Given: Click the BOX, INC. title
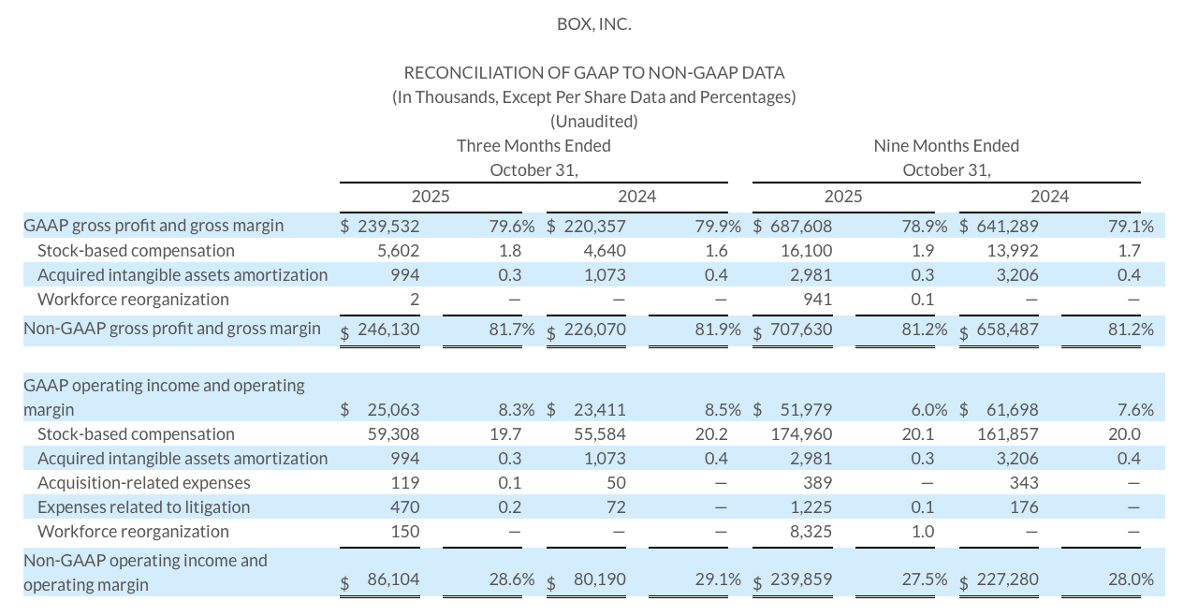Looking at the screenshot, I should tap(593, 24).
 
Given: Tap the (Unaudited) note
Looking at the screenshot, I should tap(593, 121).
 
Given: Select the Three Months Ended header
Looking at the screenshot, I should tap(533, 145).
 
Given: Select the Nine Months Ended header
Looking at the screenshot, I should tap(946, 145).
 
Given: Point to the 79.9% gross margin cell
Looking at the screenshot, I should tap(718, 226).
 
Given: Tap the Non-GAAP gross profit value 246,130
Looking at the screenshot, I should tap(387, 329).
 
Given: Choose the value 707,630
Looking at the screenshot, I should tap(800, 329).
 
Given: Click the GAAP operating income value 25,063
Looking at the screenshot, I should tap(393, 409).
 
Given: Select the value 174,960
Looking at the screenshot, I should tap(800, 433).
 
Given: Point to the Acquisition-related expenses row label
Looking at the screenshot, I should tap(144, 482).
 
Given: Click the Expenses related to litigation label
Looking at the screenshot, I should tap(144, 506).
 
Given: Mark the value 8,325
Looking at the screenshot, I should tap(810, 531).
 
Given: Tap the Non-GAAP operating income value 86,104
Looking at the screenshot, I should tap(393, 579).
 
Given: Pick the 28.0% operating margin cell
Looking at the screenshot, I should tap(1131, 579).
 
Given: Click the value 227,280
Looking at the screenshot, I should tap(1007, 579).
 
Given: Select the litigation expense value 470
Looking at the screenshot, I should tap(406, 506).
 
